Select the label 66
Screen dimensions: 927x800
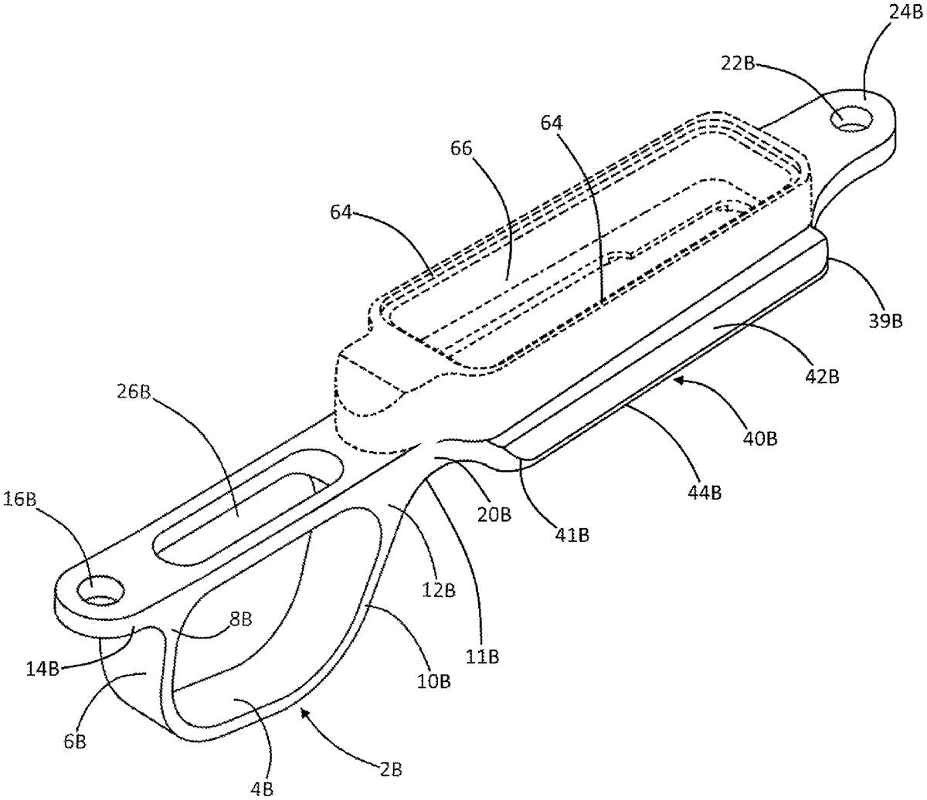click(x=461, y=148)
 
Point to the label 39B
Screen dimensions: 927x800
click(x=886, y=321)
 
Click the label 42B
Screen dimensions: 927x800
click(x=822, y=377)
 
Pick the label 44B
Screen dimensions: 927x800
click(x=704, y=493)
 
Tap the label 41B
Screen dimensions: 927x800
click(x=572, y=535)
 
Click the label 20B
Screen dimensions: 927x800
click(x=494, y=515)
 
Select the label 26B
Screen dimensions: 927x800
click(x=134, y=392)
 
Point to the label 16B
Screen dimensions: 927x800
click(x=21, y=499)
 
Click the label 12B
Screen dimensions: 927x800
click(x=438, y=591)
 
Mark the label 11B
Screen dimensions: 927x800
click(x=482, y=658)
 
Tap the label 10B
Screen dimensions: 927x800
click(x=433, y=681)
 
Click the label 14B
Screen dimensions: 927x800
click(x=42, y=670)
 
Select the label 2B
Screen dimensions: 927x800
click(x=389, y=770)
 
